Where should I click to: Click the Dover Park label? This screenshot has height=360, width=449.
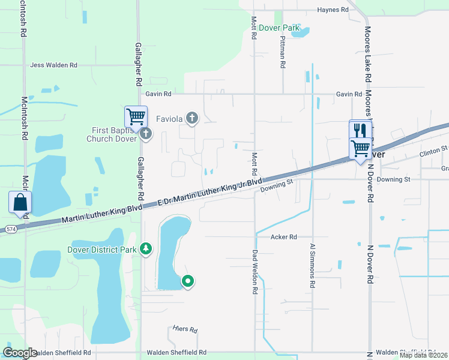(274, 28)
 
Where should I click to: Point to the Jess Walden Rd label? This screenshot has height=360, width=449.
(54, 65)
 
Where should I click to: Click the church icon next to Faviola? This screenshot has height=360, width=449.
(192, 118)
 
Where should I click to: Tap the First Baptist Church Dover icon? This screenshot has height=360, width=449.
(146, 134)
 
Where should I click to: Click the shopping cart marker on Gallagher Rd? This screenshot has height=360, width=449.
(136, 116)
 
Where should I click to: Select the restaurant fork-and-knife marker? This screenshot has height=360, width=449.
(360, 130)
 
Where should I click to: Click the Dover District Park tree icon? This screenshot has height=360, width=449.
(145, 248)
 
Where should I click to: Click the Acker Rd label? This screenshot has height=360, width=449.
(284, 237)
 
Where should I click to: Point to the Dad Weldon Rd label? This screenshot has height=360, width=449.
(255, 272)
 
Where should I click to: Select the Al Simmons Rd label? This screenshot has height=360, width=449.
(312, 266)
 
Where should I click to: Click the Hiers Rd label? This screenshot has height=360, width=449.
(185, 330)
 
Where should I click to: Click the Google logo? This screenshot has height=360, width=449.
(20, 353)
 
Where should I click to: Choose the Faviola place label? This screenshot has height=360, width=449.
(169, 118)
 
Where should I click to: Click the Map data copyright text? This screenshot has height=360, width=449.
(423, 355)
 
